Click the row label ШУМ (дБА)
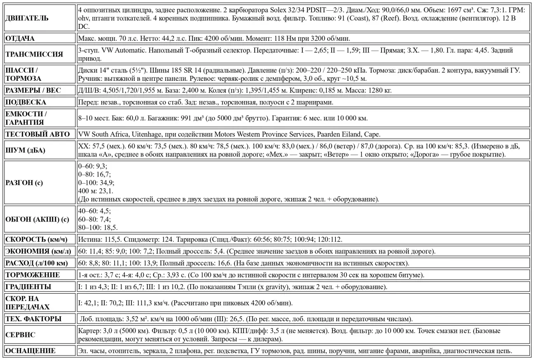[x=24, y=150]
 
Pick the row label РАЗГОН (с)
[x=23, y=182]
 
